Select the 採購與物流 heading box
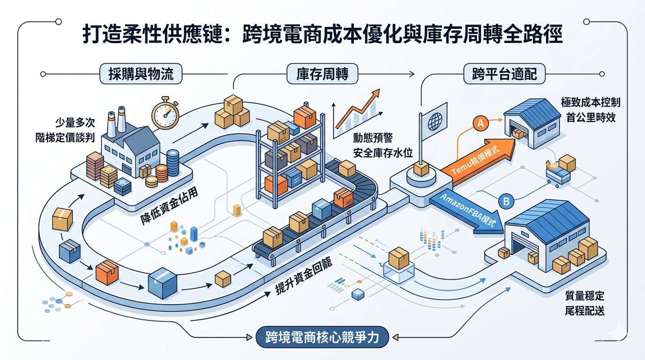click(x=141, y=74)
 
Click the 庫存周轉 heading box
click(x=322, y=74)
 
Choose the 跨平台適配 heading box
click(x=503, y=74)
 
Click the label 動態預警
click(x=373, y=138)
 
